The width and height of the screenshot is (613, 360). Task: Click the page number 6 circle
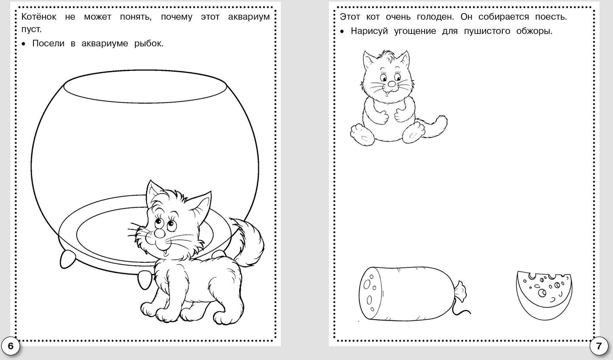coord(11,346)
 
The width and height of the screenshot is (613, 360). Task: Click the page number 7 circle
coord(599,346)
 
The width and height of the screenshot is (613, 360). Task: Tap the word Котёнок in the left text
coord(39,17)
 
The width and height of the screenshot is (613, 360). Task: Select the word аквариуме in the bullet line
coord(105,43)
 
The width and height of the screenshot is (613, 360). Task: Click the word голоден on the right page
coord(435,17)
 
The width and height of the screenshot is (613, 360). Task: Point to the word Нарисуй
coord(369,31)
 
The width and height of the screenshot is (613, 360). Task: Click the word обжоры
coord(535,31)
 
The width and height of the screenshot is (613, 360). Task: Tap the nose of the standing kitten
coord(159,233)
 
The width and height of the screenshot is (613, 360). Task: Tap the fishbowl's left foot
coord(67,259)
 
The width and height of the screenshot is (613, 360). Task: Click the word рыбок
coord(148,43)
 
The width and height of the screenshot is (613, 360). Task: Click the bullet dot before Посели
coord(24,44)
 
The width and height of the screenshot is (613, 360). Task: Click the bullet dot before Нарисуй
coord(342,31)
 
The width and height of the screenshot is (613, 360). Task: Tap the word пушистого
coord(487,31)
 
